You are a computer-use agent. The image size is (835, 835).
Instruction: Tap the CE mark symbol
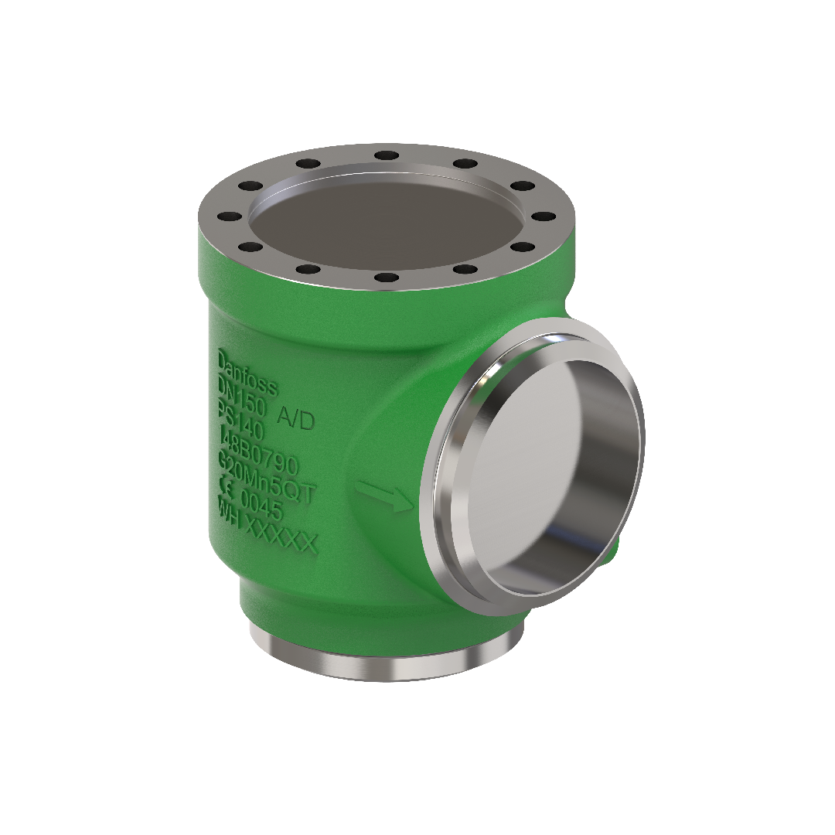(x=227, y=487)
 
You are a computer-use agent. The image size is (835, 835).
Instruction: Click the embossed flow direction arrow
(x=383, y=496)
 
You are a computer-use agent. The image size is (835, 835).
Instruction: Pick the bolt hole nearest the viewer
(x=386, y=277)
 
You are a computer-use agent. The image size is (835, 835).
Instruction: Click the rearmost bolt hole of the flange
(x=386, y=155)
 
